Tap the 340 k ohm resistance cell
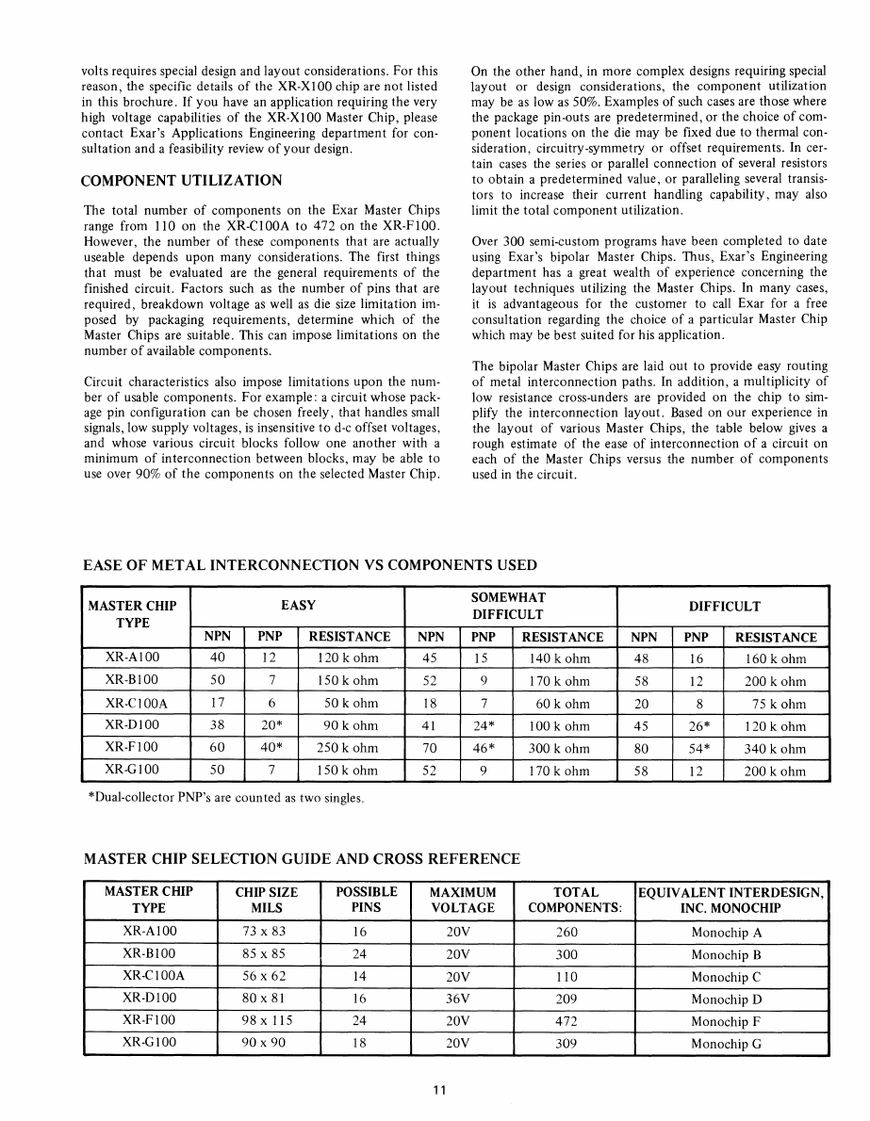(775, 749)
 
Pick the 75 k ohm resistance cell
(775, 704)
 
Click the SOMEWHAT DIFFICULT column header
(509, 606)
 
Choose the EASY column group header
(298, 606)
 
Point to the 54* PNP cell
(697, 749)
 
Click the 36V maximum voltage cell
(462, 999)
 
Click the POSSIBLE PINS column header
(367, 900)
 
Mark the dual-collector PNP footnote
(223, 799)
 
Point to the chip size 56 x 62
(265, 976)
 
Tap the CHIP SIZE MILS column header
(266, 900)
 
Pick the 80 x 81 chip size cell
(265, 999)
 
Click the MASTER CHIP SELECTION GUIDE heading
(302, 859)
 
